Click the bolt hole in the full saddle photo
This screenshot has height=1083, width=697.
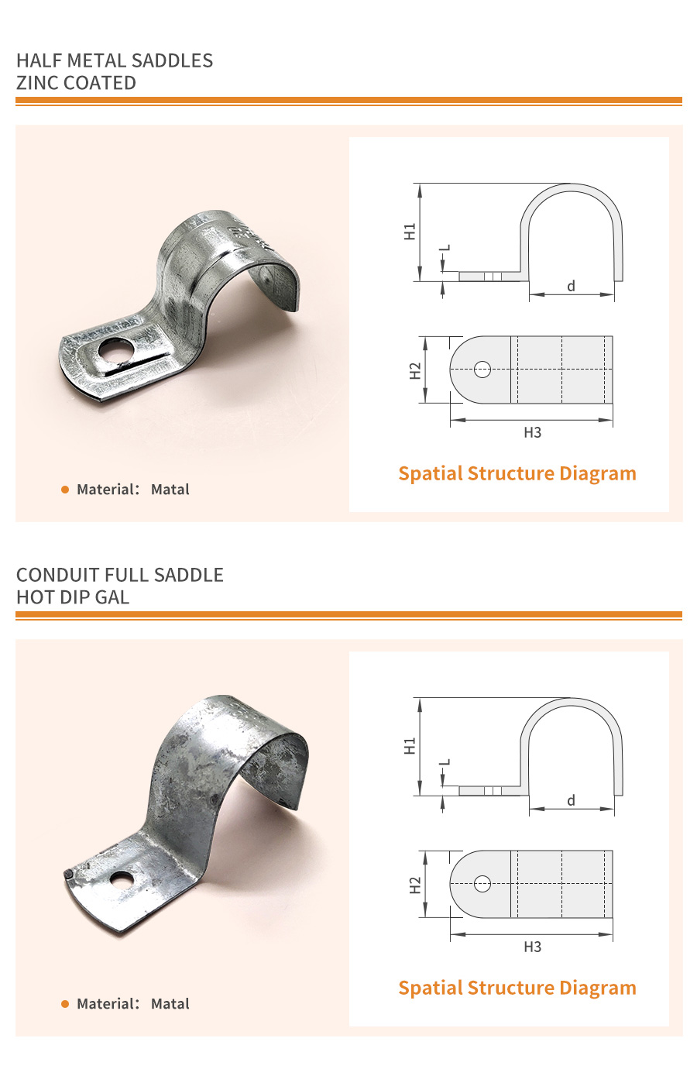click(x=121, y=880)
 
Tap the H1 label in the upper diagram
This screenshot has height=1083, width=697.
click(x=410, y=231)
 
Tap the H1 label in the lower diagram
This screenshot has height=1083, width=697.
click(x=410, y=746)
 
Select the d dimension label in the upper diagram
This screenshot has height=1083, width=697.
click(x=571, y=286)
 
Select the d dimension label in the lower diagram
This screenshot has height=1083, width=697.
click(x=571, y=800)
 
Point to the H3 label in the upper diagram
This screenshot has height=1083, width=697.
click(x=532, y=432)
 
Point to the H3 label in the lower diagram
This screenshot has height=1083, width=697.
click(x=532, y=947)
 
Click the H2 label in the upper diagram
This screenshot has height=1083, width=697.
click(x=415, y=371)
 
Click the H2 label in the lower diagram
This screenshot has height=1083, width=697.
click(x=415, y=885)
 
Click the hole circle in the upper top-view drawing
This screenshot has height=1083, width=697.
click(x=482, y=370)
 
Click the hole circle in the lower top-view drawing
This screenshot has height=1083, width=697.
click(x=482, y=883)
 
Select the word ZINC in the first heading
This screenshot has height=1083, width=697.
click(x=37, y=83)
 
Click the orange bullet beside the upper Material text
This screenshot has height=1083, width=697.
click(x=65, y=490)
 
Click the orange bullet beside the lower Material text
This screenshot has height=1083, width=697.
click(x=65, y=1004)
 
